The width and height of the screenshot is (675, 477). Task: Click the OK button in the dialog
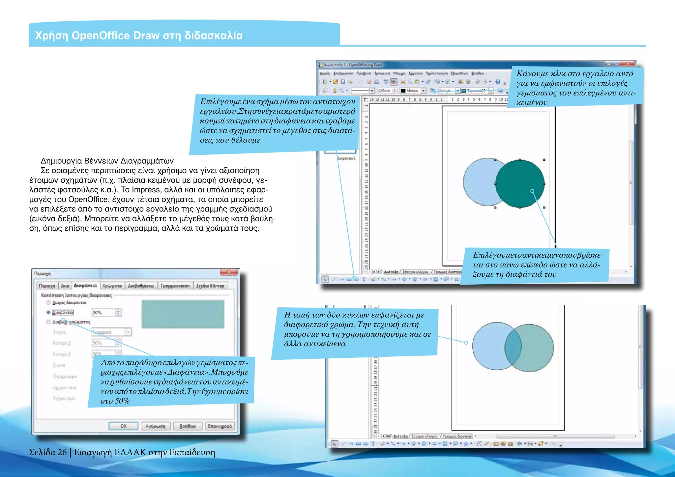pyautogui.click(x=123, y=426)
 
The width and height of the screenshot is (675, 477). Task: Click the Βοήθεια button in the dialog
pyautogui.click(x=187, y=426)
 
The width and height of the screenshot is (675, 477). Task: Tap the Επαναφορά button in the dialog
pyautogui.click(x=220, y=426)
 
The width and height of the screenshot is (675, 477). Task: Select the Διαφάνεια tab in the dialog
pyautogui.click(x=85, y=286)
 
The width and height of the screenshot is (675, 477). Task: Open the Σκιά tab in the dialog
pyautogui.click(x=65, y=286)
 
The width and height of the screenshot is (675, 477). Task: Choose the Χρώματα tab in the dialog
pyautogui.click(x=112, y=286)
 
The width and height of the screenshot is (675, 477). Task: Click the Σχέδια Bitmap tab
pyautogui.click(x=210, y=286)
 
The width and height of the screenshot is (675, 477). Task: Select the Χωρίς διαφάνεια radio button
pyautogui.click(x=48, y=302)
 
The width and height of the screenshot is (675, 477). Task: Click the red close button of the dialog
pyautogui.click(x=228, y=272)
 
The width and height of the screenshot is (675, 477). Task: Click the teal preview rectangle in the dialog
pyautogui.click(x=183, y=314)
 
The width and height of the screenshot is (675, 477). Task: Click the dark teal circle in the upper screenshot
pyautogui.click(x=520, y=184)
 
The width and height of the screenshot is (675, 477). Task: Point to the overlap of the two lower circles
pyautogui.click(x=513, y=347)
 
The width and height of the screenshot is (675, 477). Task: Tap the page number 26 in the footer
pyautogui.click(x=62, y=452)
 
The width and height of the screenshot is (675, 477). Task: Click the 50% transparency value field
pyautogui.click(x=103, y=312)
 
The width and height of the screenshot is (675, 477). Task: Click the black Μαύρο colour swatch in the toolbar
pyautogui.click(x=403, y=91)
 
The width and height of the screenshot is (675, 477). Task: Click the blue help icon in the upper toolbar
pyautogui.click(x=498, y=82)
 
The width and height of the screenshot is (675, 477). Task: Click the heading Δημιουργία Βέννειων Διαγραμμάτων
pyautogui.click(x=107, y=161)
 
